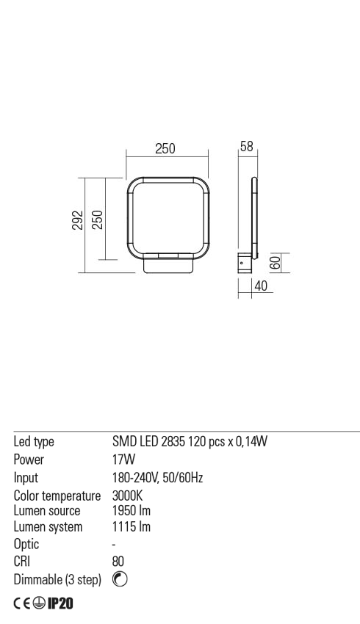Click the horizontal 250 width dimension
(165, 149)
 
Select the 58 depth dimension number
(247, 147)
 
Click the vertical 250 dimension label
(96, 220)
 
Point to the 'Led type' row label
(35, 442)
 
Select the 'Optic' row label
(27, 545)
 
